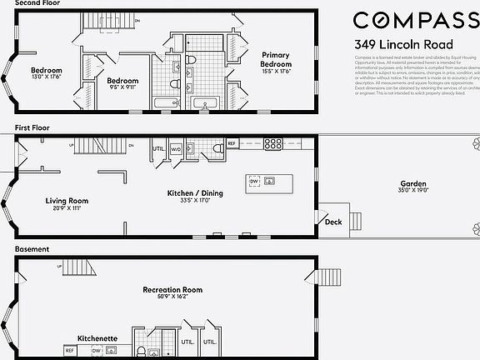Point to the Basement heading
pyautogui.click(x=32, y=248)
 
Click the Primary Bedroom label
pyautogui.click(x=275, y=60)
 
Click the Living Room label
pyautogui.click(x=67, y=201)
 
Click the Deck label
pyautogui.click(x=333, y=222)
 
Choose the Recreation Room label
pyautogui.click(x=172, y=290)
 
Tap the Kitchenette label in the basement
pyautogui.click(x=97, y=338)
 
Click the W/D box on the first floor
pyautogui.click(x=176, y=149)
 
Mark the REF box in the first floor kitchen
pyautogui.click(x=232, y=143)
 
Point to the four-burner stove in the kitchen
pyautogui.click(x=272, y=143)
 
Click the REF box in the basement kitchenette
pyautogui.click(x=70, y=351)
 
